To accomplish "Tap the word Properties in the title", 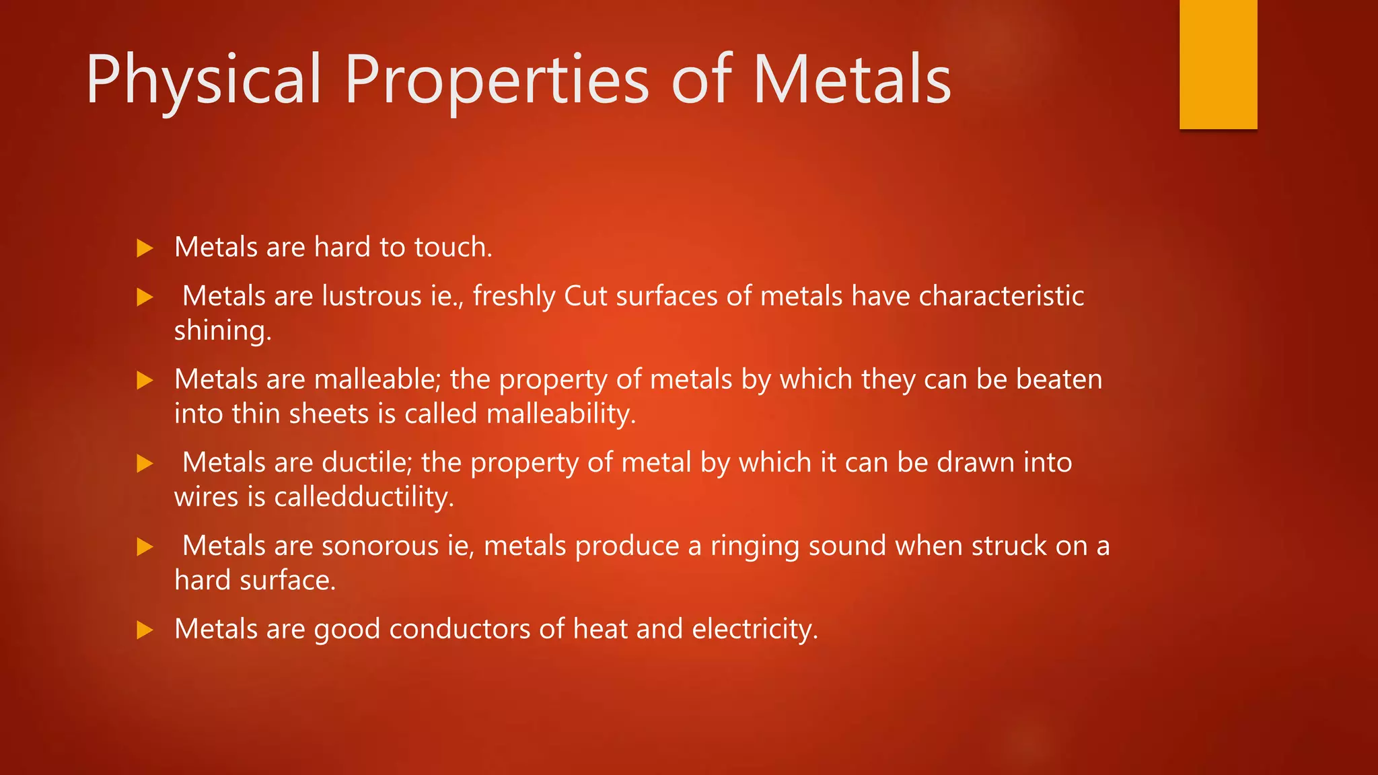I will (x=497, y=81).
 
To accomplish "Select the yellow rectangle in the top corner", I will (x=1218, y=64).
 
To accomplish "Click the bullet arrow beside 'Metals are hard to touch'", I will (x=145, y=248).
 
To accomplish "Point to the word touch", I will (x=453, y=247).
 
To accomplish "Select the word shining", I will (x=223, y=331).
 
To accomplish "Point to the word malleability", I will (x=560, y=414).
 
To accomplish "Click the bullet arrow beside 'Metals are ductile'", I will (x=145, y=464).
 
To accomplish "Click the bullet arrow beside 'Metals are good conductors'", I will (x=145, y=630).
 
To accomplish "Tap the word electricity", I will (x=754, y=629).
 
